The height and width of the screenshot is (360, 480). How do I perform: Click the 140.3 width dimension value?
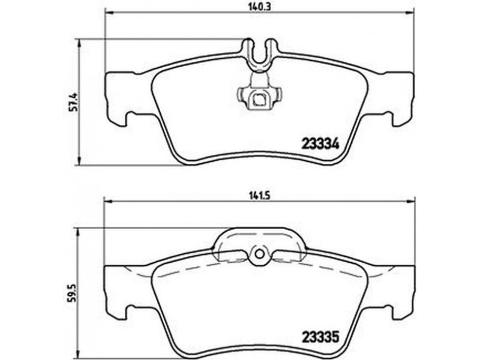259,7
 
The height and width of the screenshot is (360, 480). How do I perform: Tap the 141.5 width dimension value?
259,196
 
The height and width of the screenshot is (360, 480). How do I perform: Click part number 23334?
321,144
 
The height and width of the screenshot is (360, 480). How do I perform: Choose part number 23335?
321,338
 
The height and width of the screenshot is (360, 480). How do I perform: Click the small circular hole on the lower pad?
260,254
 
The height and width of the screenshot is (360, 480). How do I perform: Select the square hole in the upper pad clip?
260,99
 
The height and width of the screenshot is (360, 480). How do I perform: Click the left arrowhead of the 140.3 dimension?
109,13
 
